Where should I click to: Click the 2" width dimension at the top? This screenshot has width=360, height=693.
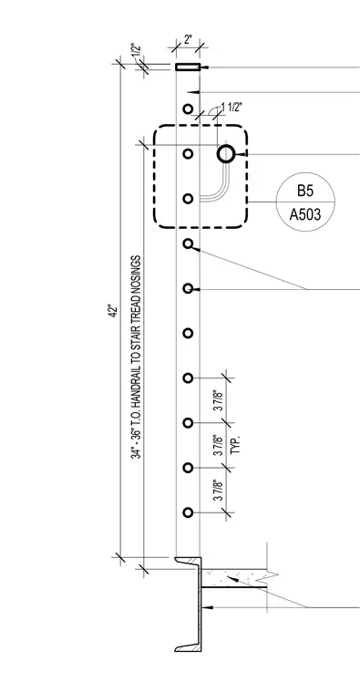[188, 39]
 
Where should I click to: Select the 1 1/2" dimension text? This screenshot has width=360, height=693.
[232, 108]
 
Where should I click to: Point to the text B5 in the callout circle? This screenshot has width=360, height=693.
[305, 191]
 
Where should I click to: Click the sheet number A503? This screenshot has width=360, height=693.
[305, 214]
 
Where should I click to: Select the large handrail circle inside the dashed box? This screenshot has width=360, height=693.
[226, 154]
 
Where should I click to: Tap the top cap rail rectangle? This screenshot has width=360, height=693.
[188, 67]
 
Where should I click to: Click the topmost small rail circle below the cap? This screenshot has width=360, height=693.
[188, 109]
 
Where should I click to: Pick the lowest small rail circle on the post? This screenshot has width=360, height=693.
[188, 512]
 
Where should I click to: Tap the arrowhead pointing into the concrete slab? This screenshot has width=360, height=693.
[231, 578]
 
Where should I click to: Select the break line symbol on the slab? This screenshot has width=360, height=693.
[273, 575]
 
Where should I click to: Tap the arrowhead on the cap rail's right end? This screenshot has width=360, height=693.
[205, 67]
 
